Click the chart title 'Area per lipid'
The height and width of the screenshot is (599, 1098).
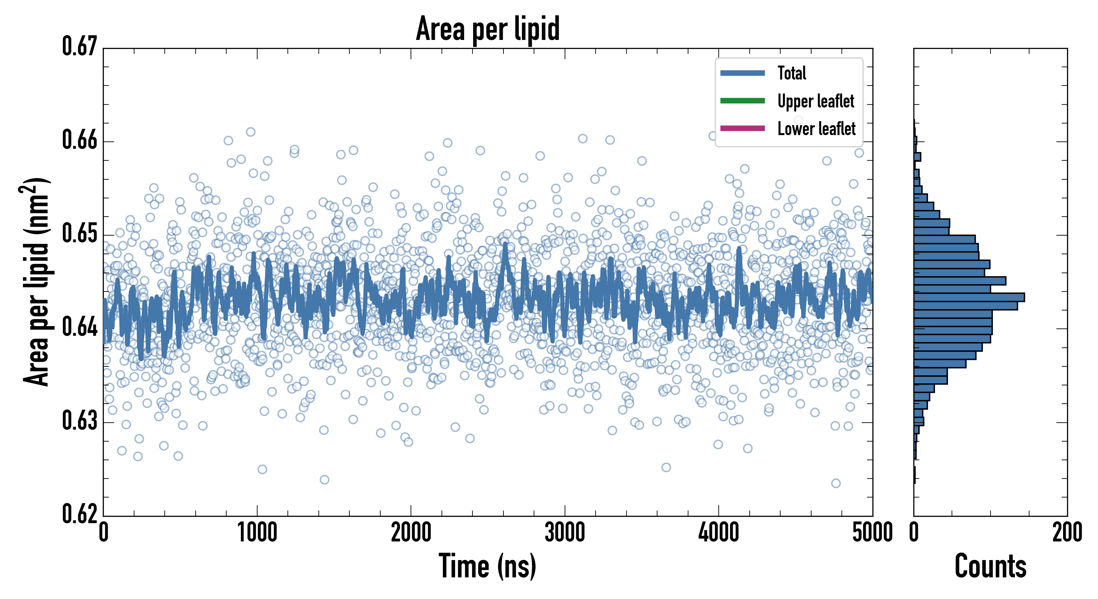tap(488, 29)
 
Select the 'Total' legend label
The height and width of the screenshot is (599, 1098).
tap(792, 73)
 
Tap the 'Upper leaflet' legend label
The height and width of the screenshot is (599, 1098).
tap(816, 101)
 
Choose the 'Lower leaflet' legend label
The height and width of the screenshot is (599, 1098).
tap(816, 129)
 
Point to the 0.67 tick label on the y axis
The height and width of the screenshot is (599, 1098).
tap(80, 47)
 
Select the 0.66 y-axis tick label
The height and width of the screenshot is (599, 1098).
tap(80, 140)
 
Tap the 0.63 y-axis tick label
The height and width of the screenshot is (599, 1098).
tap(80, 421)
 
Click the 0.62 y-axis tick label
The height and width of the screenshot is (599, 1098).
tap(80, 514)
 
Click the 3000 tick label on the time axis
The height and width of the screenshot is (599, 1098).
tap(565, 533)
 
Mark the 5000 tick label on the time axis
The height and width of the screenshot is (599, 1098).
tap(872, 533)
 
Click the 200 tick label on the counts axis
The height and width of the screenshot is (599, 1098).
tap(1067, 533)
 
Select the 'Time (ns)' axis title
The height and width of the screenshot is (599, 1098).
tap(488, 566)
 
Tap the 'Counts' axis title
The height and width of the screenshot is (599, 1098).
tap(990, 566)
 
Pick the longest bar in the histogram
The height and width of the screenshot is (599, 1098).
tap(969, 297)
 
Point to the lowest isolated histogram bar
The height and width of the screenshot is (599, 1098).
tap(914, 475)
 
